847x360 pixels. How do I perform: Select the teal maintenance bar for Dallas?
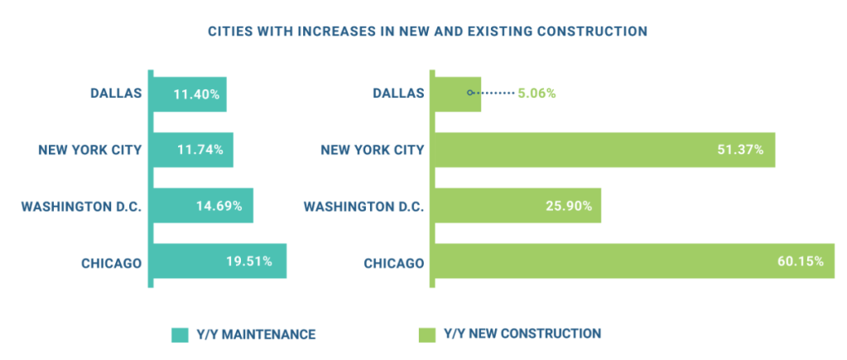190,94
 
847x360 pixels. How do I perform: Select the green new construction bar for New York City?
604,150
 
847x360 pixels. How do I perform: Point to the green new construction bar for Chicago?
633,261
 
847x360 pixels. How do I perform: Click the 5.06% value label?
537,94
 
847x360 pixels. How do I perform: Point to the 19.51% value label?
256,262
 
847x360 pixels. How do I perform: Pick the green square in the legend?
426,335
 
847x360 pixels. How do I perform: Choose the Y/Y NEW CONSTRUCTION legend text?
522,334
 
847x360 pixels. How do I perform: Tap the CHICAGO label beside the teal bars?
111,263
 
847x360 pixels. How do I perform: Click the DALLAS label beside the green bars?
397,94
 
